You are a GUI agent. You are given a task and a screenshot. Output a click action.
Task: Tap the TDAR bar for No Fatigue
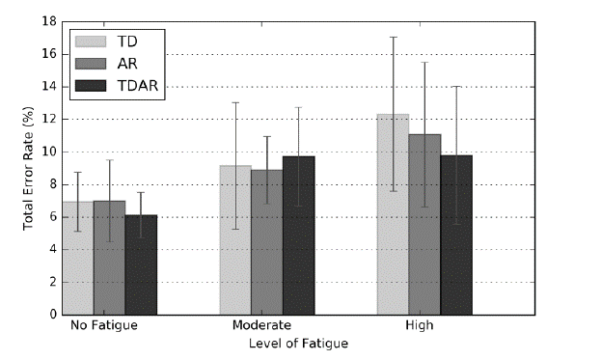pos(141,264)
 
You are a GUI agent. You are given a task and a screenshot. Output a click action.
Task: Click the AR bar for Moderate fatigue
pos(267,241)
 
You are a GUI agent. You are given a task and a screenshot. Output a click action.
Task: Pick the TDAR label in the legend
pos(137,86)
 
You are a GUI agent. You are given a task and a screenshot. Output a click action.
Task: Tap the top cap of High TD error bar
pos(393,37)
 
